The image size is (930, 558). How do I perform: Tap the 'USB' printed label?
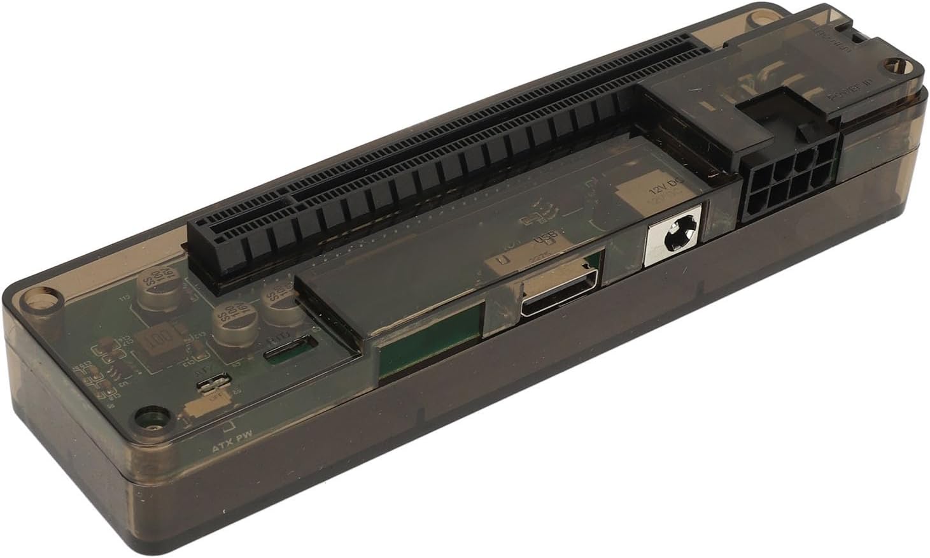click(547, 240)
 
